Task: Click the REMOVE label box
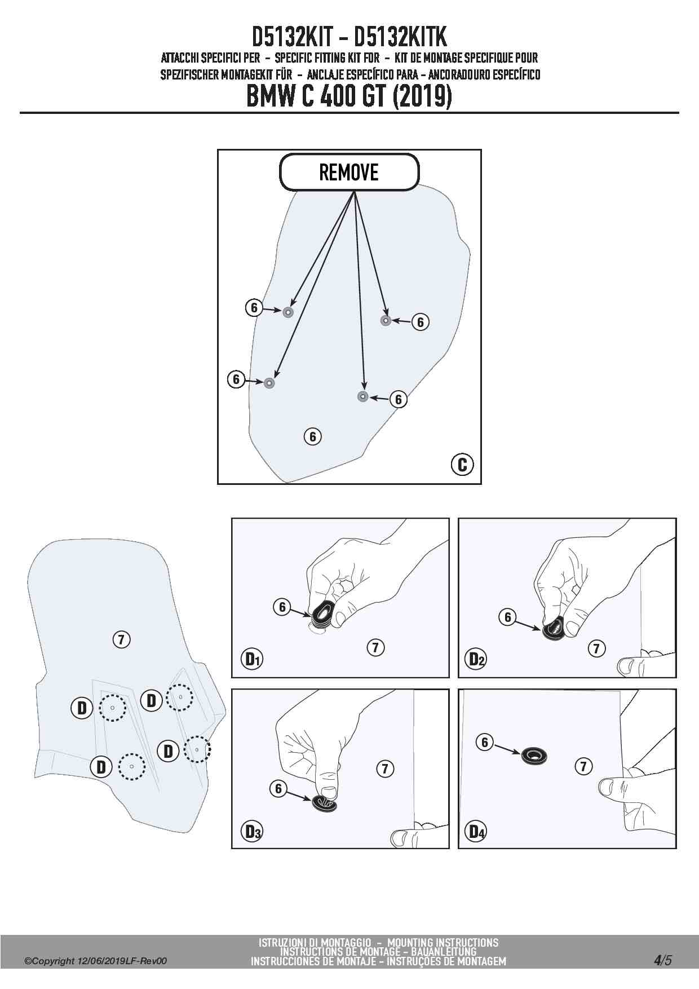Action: coord(349,172)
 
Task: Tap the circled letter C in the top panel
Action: coord(462,464)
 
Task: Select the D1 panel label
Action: coord(252,659)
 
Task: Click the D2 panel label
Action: coord(477,659)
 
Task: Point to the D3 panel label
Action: coord(252,831)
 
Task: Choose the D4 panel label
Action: coord(477,831)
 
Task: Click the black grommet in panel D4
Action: coord(534,756)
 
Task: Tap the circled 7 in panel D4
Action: coord(583,766)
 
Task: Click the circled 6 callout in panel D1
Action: coord(282,607)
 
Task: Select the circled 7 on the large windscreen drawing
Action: coord(121,639)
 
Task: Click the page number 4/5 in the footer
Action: coord(663,960)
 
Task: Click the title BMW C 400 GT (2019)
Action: coord(349,96)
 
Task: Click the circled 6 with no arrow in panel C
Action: coord(312,436)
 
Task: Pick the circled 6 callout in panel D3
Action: coord(278,788)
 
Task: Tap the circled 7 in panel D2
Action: coord(596,648)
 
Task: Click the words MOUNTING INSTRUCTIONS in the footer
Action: coord(443,942)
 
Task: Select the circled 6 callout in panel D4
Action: coord(485,742)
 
